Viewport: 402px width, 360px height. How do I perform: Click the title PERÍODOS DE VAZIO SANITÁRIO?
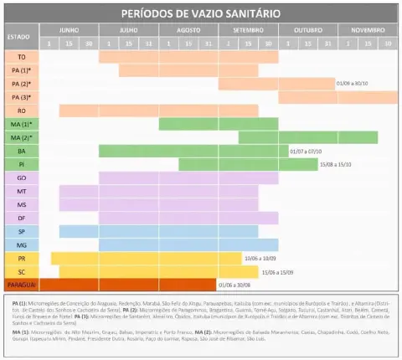[200, 14]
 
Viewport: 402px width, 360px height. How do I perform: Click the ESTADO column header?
[19, 37]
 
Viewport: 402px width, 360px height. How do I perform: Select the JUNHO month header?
[69, 29]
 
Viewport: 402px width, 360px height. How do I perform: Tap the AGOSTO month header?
[188, 29]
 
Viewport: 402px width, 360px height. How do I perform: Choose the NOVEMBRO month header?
[368, 29]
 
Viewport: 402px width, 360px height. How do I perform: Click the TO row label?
[21, 56]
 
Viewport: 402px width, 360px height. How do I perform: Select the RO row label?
[21, 111]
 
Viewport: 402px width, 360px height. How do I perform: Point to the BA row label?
[21, 151]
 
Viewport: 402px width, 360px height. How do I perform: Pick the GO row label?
[21, 177]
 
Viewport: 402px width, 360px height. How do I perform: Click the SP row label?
[21, 231]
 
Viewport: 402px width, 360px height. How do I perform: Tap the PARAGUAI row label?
[21, 285]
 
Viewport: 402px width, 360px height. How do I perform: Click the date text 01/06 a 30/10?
[353, 84]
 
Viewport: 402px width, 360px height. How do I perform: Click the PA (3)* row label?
[21, 97]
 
